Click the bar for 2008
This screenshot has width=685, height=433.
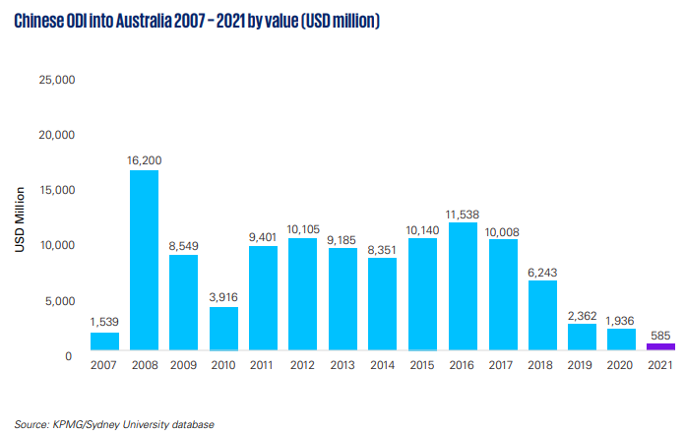click(144, 261)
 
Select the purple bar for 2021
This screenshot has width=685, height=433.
click(660, 346)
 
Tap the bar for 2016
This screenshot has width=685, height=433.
click(462, 286)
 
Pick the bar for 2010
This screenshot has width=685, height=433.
click(223, 329)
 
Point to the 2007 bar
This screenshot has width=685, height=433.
click(104, 341)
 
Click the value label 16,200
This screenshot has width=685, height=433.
click(144, 158)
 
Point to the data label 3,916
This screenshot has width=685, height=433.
click(223, 295)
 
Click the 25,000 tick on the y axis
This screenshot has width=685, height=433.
click(56, 80)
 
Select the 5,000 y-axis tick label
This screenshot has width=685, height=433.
click(59, 301)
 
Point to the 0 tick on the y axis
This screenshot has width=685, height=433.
click(69, 356)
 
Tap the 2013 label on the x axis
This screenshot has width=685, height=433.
click(342, 366)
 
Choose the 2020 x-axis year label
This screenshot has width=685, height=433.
click(621, 366)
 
